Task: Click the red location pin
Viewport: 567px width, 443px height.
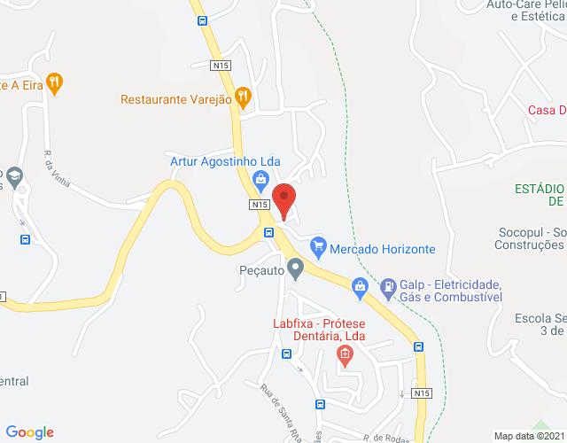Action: [283, 200]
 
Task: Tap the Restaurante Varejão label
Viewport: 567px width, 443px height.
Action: [176, 100]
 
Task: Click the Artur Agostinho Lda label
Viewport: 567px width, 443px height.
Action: [225, 161]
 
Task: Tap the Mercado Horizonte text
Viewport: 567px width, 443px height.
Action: [383, 249]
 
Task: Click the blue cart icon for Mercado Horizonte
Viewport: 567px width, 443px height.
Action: [319, 245]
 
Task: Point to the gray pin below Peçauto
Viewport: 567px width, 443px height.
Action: [296, 270]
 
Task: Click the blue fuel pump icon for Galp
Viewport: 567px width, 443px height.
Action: [360, 285]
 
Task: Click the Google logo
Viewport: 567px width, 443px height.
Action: [29, 432]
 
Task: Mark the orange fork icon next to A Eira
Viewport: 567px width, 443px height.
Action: [55, 82]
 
